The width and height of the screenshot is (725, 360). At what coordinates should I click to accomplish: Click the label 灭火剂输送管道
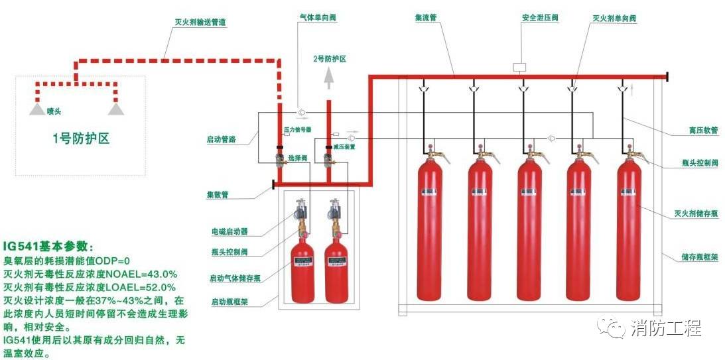[199, 22]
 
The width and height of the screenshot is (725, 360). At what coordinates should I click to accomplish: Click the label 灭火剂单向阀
[614, 19]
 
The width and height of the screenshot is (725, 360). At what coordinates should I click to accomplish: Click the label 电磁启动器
[229, 231]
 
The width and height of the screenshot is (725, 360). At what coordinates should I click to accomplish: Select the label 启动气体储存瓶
[234, 278]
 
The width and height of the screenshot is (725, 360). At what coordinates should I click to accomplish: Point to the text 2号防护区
[330, 59]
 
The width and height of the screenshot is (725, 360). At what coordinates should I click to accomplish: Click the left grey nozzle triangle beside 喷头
[37, 109]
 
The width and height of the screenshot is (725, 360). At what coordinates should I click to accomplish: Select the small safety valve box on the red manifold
[520, 67]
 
